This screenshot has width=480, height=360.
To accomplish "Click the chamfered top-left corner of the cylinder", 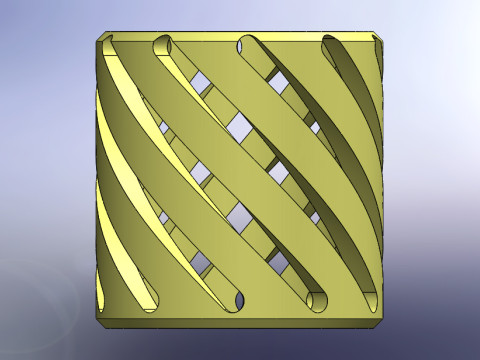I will coord(101,40).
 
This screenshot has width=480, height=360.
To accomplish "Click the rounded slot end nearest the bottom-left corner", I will coord(147,301).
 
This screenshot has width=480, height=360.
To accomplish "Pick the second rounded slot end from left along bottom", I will coord(234,299).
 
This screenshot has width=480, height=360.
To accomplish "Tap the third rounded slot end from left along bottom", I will coord(318,300).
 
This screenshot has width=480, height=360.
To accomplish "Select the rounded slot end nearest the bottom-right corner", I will coord(372,297).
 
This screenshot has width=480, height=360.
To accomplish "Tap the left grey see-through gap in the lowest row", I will coord(201,263).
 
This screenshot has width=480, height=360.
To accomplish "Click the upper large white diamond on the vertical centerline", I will coord(240,127).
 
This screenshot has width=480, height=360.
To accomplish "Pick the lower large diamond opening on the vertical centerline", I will coord(240,215).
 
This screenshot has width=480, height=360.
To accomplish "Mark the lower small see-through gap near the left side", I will coord(164,217).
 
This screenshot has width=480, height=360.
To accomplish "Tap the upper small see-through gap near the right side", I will coord(316,128).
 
